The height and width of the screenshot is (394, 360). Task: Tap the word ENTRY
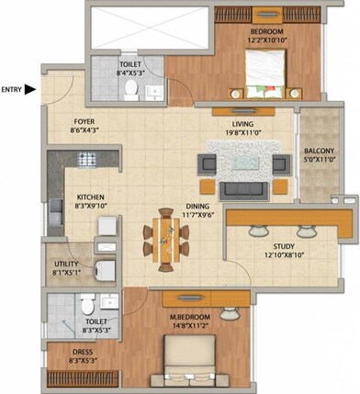tap(12, 89)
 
